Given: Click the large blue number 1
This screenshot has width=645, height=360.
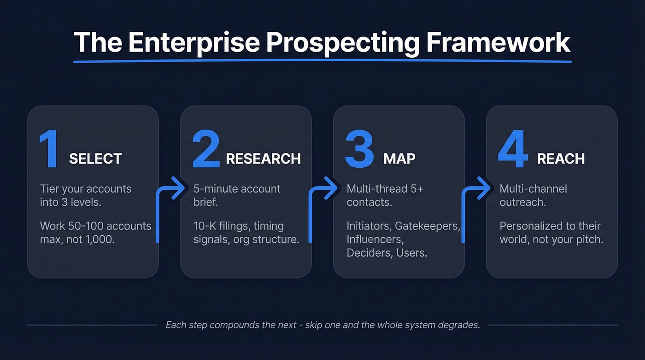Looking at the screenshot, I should [49, 149].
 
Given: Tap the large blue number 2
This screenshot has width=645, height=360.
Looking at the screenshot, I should [205, 149].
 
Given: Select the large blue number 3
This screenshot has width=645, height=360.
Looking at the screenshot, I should [359, 149].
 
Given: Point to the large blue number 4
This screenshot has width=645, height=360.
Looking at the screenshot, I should [513, 149].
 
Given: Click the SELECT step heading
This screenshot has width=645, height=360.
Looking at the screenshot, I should [95, 159].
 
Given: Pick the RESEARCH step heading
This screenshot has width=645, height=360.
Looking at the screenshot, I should [263, 159].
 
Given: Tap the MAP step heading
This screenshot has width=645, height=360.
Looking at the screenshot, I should [399, 159].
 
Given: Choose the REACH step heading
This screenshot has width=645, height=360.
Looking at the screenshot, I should [561, 159].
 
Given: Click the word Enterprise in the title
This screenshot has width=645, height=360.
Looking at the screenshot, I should [194, 43].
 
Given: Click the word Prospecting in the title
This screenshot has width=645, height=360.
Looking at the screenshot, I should [343, 43].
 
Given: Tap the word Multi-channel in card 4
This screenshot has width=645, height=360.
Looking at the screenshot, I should [533, 189].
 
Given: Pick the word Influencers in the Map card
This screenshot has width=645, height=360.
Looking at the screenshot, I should [374, 240].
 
